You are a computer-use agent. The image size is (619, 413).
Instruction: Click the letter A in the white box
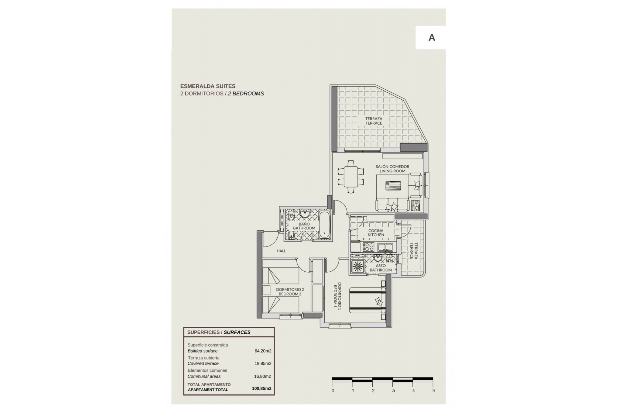pos(431,38)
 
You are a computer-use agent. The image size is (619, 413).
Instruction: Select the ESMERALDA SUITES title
pos(208,86)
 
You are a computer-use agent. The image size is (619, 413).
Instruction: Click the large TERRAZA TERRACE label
pos(374,121)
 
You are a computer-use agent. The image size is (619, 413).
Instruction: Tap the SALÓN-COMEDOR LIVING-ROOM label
pos(392,169)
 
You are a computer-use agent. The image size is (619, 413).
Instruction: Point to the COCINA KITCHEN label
pos(376,233)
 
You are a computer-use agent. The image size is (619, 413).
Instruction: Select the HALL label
pos(281,251)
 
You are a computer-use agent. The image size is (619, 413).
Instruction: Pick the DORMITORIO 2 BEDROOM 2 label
pos(290,292)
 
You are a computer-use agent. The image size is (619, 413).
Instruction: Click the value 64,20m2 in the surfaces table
pos(263,351)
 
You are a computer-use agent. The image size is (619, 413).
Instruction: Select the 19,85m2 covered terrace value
pos(263,364)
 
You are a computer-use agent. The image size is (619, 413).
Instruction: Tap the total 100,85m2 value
pos(261,388)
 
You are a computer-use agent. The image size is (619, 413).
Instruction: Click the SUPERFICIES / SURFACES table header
pos(219,332)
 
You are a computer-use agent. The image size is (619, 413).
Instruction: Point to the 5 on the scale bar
pos(434,391)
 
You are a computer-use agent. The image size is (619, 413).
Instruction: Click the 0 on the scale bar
pos(333,391)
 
